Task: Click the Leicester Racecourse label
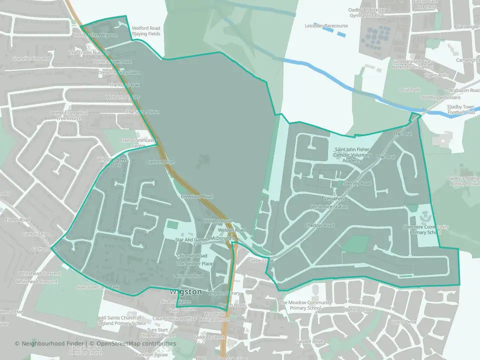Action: tap(325, 25)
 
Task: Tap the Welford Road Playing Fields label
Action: tap(146, 31)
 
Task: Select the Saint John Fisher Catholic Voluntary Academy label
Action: tap(353, 154)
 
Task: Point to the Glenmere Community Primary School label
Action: tap(425, 229)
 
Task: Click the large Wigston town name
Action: tap(185, 291)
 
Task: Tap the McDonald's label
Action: tap(222, 238)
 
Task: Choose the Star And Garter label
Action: tap(191, 240)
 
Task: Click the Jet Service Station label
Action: tap(329, 206)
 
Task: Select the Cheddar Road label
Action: tap(319, 225)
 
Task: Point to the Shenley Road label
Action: tap(357, 183)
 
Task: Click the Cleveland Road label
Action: tap(197, 196)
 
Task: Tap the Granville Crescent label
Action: tap(31, 58)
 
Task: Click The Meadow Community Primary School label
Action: tap(305, 305)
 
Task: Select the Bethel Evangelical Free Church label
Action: tap(69, 115)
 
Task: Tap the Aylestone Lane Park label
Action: tap(98, 287)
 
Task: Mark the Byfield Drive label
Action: tap(358, 310)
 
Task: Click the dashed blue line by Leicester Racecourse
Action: tap(333, 31)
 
